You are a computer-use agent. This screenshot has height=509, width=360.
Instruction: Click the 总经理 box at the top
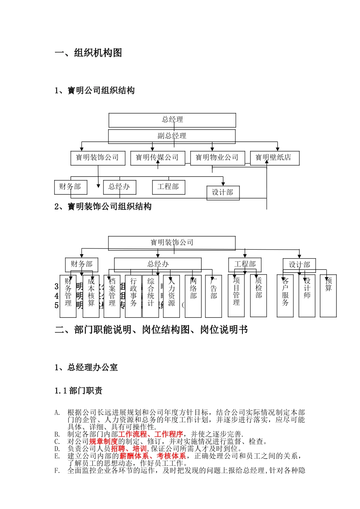pos(172,120)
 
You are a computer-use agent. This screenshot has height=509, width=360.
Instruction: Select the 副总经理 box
pos(172,136)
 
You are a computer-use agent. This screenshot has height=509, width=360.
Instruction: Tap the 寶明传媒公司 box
pos(157,158)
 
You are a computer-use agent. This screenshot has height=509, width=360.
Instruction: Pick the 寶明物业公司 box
pos(217,158)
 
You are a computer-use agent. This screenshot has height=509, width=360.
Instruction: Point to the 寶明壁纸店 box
pos(274,158)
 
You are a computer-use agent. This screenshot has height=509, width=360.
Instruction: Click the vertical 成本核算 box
pos(91,296)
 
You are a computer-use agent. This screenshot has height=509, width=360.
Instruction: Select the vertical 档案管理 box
pos(112,296)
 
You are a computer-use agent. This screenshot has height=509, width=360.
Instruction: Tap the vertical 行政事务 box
pos(133,296)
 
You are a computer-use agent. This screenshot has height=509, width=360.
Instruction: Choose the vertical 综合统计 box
pos(151,296)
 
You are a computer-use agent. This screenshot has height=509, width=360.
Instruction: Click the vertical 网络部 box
pos(193,296)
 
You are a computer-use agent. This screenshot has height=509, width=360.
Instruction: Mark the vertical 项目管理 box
pos(236,295)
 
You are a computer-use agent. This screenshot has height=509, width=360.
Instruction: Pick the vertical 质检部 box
pos(258,295)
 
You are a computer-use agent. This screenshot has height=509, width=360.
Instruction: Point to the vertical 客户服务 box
pos(285,296)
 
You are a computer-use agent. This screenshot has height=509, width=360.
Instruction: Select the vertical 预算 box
pos(328,296)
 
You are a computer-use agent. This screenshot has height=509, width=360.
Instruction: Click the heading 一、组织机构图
pos(88,53)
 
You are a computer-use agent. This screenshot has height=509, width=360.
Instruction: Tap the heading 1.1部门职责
pos(78,391)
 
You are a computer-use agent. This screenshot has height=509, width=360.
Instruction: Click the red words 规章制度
pos(103,442)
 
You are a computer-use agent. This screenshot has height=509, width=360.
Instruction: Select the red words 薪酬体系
pos(134,456)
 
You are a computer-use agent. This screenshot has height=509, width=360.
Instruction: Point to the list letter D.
pos(57,449)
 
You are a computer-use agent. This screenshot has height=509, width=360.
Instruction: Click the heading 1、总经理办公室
pos(86,367)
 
